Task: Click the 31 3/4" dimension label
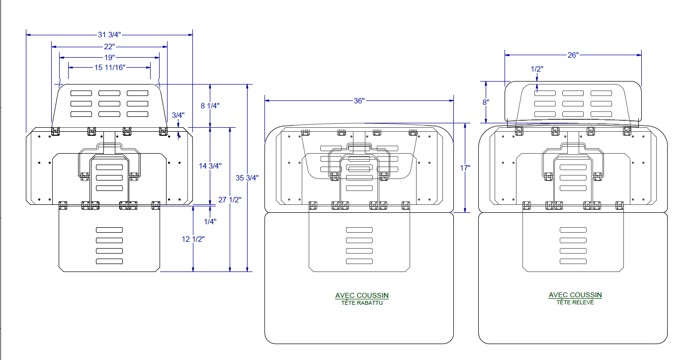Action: coord(109,35)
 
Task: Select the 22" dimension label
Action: coord(109,47)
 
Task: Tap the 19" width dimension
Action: coord(109,57)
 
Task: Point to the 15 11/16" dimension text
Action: coord(109,67)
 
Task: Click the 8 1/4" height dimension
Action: coord(210,105)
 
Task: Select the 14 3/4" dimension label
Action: coord(210,166)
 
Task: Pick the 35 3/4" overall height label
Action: coord(248,178)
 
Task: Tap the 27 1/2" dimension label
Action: coord(230,200)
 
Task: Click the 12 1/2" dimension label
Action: coord(193,239)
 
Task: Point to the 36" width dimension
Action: coord(359,100)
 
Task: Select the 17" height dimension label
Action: coord(465,168)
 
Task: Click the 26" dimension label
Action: coord(573,55)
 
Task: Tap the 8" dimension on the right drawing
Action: coord(485,102)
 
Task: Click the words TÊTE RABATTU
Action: coord(362,303)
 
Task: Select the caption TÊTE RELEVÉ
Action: coord(575,302)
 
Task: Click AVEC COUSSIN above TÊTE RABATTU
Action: coord(362,295)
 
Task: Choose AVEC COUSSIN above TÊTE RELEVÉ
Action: coord(575,295)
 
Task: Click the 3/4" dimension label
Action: coord(178,115)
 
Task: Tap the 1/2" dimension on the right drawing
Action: coord(537,69)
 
